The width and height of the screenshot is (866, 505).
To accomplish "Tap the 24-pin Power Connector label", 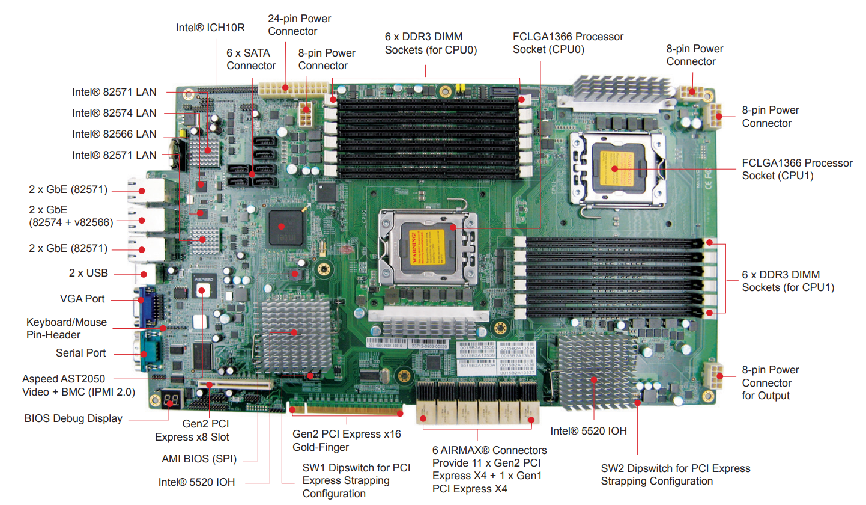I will pos(299,25).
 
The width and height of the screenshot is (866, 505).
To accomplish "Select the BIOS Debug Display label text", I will pos(73,418).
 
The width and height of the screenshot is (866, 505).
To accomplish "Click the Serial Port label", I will pos(80,353).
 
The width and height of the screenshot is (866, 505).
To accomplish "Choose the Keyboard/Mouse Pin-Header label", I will pos(66,328).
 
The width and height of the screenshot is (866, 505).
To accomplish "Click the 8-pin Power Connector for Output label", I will pos(771,382).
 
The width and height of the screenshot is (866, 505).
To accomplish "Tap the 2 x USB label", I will pos(88,273).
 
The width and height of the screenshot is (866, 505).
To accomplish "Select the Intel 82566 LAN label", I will pos(114,133).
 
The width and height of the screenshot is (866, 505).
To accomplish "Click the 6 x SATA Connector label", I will pos(251,59).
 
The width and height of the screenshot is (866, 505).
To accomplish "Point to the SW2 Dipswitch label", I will pos(676,474).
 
